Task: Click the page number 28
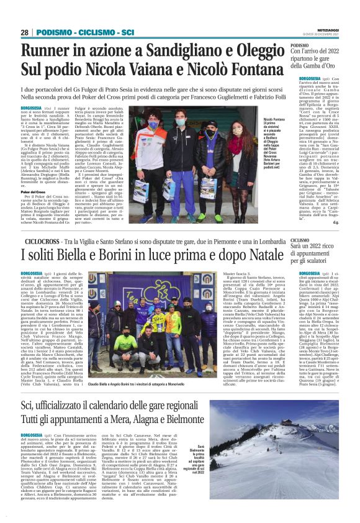[25, 32]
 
